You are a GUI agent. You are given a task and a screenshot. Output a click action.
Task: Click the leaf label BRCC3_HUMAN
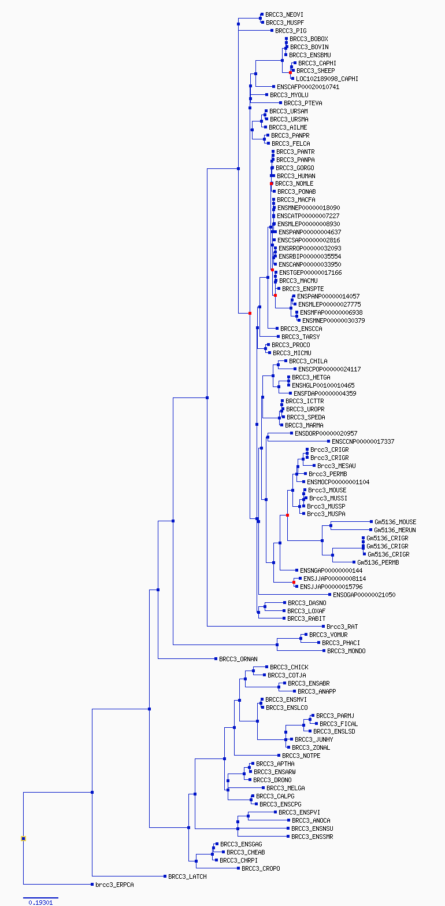point(296,176)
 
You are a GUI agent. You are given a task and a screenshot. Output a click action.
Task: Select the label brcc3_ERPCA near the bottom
point(114,885)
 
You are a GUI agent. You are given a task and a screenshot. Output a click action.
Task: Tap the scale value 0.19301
point(40,902)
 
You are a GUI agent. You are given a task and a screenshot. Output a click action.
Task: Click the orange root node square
point(24,838)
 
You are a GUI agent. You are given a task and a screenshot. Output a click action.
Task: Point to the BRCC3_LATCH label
point(187,876)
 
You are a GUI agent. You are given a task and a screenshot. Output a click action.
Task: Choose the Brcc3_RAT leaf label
point(342,627)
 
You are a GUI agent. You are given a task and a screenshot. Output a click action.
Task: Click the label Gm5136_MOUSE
point(395,522)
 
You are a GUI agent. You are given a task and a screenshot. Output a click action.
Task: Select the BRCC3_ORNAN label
point(238,659)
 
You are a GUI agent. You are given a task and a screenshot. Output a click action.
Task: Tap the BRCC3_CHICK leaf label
point(289,667)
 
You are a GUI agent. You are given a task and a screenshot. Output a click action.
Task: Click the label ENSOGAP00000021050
point(364,595)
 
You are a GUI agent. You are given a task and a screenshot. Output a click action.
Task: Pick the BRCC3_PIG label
point(291,31)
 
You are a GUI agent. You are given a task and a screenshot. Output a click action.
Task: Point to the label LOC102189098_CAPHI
point(327,79)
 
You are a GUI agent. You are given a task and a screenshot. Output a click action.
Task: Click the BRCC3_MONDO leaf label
point(346,651)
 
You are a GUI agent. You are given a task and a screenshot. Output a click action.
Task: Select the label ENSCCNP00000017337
point(363,441)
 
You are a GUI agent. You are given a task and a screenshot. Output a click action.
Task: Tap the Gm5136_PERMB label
point(378,562)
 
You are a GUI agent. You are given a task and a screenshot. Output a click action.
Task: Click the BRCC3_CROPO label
point(261,868)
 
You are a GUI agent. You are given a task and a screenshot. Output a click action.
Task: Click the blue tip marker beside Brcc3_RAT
point(324,627)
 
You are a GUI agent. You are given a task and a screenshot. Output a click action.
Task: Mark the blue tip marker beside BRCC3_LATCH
point(165,876)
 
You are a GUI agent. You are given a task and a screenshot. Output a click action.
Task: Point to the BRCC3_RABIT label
point(302,618)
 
